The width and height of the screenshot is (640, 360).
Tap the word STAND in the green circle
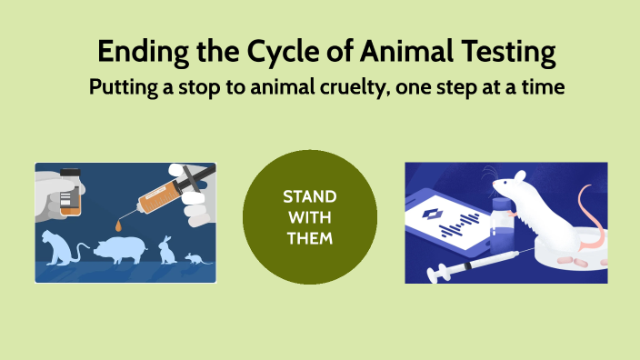tap(309, 196)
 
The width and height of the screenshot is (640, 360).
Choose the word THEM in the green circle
tap(309, 239)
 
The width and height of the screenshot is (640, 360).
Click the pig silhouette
tap(123, 249)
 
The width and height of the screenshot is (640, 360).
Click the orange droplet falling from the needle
tap(122, 224)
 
